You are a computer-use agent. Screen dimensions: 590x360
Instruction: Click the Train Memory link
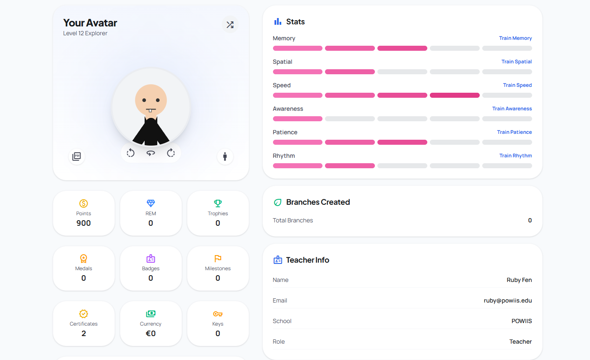point(515,38)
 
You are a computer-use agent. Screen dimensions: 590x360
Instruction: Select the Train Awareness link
point(512,109)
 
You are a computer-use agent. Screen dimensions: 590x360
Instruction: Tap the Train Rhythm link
point(515,156)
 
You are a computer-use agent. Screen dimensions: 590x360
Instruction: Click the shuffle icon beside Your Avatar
point(230,25)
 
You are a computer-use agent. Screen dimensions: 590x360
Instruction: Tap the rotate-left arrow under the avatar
point(130,153)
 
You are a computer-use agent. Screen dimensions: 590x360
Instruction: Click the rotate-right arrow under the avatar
point(171,153)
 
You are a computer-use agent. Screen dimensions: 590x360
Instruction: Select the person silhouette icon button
point(225,157)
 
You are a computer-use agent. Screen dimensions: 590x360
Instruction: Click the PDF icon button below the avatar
point(77,157)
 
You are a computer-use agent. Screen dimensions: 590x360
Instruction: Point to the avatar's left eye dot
point(144,100)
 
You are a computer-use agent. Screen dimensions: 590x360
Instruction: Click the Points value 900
point(83,223)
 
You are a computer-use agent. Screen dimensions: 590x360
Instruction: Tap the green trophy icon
point(218,203)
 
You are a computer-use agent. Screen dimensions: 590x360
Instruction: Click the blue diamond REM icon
point(151,203)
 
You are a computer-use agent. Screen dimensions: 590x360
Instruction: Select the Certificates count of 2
point(83,334)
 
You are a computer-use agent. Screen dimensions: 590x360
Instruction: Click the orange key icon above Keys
point(218,314)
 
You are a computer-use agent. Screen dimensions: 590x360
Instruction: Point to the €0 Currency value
point(151,334)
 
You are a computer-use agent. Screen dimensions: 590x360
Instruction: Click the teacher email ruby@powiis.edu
point(508,300)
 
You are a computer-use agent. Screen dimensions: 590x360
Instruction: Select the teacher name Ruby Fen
point(519,280)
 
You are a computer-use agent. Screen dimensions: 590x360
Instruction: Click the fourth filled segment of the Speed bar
point(455,95)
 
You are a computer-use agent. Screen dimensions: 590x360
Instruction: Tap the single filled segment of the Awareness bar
point(298,119)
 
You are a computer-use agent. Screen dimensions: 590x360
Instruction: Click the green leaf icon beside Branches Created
point(278,202)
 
